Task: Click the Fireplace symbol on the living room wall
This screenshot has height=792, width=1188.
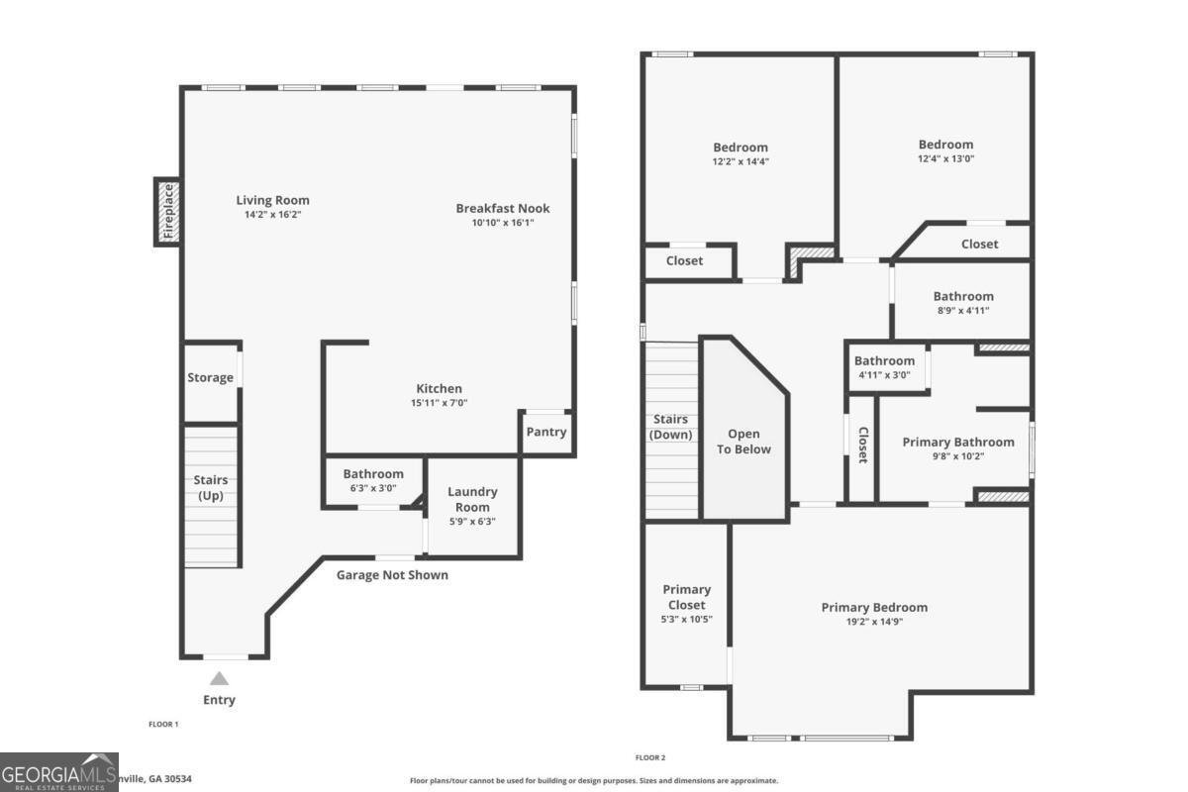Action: [167, 212]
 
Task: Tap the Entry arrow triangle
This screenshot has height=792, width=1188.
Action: [220, 678]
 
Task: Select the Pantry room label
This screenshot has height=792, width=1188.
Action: [546, 432]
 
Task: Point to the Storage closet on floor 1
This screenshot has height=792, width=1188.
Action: [211, 377]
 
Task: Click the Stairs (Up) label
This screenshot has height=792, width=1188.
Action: [211, 488]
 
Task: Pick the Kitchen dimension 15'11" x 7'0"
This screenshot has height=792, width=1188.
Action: [439, 403]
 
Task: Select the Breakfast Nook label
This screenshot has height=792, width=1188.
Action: [503, 208]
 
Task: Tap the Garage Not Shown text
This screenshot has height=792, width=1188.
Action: [392, 575]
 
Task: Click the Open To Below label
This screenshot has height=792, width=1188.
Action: [743, 442]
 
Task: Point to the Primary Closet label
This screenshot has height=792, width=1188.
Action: [686, 597]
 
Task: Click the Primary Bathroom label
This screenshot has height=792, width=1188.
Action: [957, 442]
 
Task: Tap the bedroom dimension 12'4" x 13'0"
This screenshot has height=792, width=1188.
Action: [945, 159]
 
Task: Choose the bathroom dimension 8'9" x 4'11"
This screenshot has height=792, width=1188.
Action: [963, 311]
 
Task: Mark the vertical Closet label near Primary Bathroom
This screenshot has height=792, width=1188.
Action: [862, 445]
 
